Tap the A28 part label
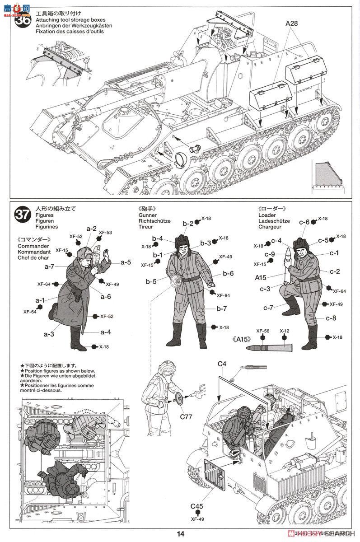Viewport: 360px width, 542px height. pyautogui.click(x=293, y=23)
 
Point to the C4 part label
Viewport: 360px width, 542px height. pyautogui.click(x=221, y=364)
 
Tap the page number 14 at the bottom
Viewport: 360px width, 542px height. pyautogui.click(x=180, y=534)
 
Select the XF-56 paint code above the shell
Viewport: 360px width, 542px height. pyautogui.click(x=263, y=331)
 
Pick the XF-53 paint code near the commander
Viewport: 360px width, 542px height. pyautogui.click(x=106, y=233)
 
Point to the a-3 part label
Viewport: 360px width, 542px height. pyautogui.click(x=49, y=334)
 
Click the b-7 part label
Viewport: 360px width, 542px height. pyautogui.click(x=221, y=309)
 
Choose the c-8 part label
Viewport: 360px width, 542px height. pyautogui.click(x=331, y=318)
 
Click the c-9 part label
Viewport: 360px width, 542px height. pyautogui.click(x=270, y=254)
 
